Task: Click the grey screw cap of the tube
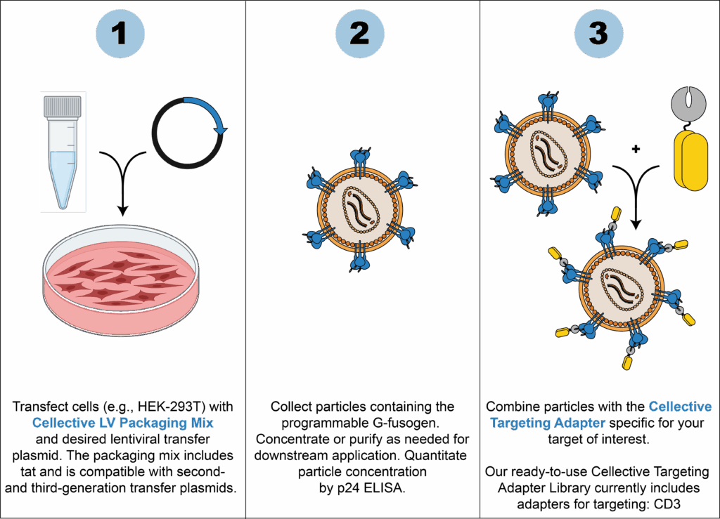(63, 107)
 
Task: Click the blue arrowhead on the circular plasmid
(222, 129)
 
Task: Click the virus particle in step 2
(359, 210)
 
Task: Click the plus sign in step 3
(636, 149)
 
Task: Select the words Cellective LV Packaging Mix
(122, 423)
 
